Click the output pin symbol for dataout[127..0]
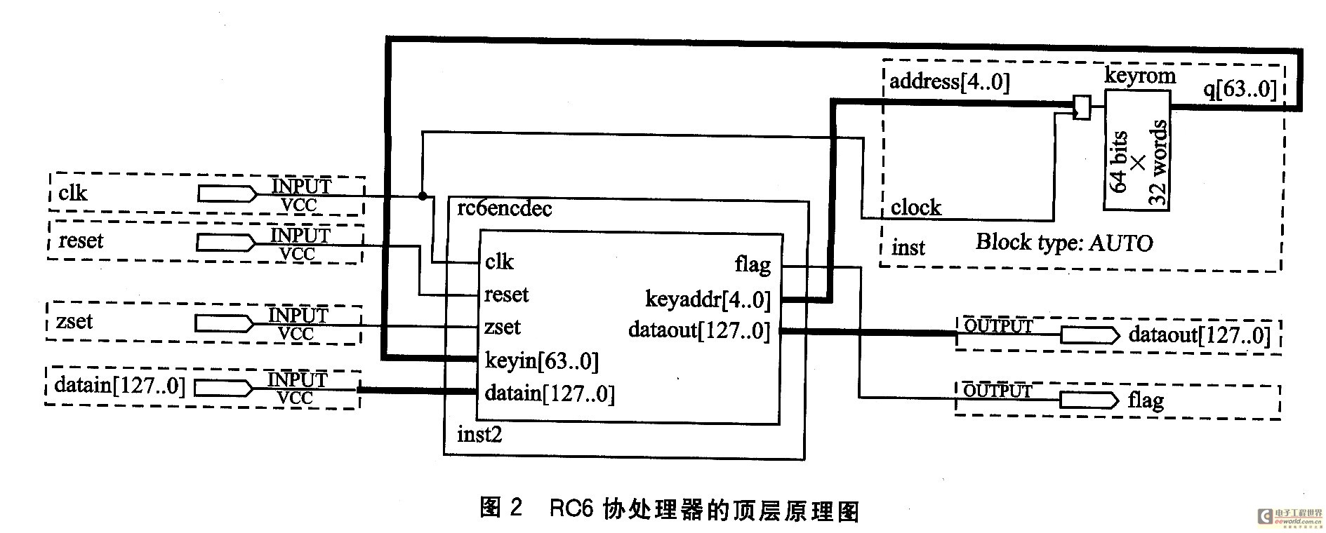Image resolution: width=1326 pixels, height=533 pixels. (1089, 335)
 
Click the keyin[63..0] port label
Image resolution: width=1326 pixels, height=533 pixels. (541, 361)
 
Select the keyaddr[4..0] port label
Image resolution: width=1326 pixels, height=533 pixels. (708, 299)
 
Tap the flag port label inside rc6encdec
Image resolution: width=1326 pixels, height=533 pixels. (752, 264)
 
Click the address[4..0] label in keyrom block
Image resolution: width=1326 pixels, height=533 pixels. (950, 82)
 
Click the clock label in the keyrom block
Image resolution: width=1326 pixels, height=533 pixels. (916, 208)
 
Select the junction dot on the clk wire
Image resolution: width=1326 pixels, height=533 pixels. (423, 196)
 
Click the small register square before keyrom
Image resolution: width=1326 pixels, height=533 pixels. (1082, 107)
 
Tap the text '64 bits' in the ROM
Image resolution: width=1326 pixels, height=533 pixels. (1118, 161)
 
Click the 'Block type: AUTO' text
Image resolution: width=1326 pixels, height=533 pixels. (1064, 243)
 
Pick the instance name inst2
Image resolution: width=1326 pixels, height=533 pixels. (479, 435)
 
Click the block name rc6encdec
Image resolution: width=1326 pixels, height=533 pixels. (504, 209)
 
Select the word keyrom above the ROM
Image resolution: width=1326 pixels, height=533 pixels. (1140, 75)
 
